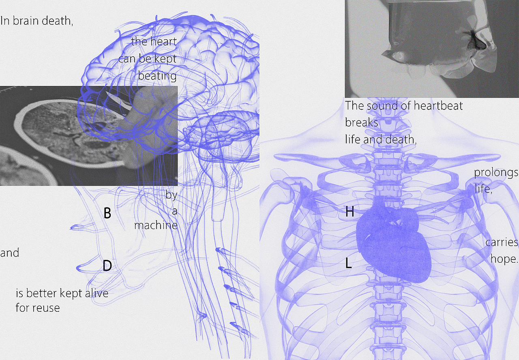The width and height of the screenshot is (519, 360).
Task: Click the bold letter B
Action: [x=107, y=213]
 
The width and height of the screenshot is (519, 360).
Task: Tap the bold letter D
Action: [x=107, y=265]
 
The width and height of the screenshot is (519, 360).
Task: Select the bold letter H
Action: [x=350, y=211]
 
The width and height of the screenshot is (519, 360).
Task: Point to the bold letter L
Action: [x=349, y=263]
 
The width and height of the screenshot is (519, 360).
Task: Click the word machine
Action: [x=156, y=225]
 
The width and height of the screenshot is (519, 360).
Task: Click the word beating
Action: [x=157, y=76]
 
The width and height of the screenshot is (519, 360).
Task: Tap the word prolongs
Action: [x=496, y=173]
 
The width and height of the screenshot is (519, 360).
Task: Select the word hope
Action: [x=504, y=259]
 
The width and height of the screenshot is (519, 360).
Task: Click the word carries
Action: [x=502, y=242]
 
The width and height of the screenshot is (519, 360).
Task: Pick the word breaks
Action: [x=362, y=122]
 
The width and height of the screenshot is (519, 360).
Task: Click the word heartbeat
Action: [x=438, y=106]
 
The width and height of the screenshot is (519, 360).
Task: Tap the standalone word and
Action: [x=9, y=253]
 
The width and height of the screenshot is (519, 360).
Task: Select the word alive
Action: [x=97, y=293]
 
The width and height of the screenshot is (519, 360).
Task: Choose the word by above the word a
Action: [x=171, y=195]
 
